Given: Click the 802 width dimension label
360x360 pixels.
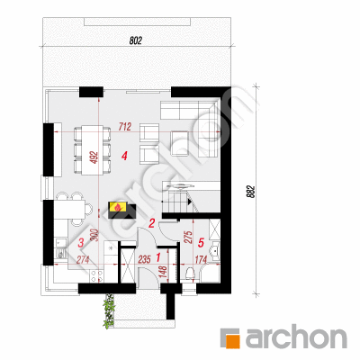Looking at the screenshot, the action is pyautogui.click(x=136, y=40).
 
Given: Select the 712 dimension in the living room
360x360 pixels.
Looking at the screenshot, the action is pyautogui.click(x=125, y=127).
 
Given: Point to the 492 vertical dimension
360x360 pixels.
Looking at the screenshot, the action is pyautogui.click(x=94, y=157).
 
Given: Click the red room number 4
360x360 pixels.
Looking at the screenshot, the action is pyautogui.click(x=124, y=156).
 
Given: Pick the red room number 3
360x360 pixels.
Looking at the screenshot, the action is pyautogui.click(x=81, y=243).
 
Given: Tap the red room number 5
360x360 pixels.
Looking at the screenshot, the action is pyautogui.click(x=201, y=242).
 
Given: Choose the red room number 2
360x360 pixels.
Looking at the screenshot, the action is pyautogui.click(x=152, y=223).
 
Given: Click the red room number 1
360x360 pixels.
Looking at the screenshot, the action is pyautogui.click(x=158, y=256).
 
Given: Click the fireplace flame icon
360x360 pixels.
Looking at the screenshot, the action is pyautogui.click(x=118, y=207).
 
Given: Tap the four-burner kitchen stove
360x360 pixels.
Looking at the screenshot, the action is pyautogui.click(x=97, y=276).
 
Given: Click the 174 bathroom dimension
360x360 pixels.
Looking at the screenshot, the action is pyautogui.click(x=202, y=259).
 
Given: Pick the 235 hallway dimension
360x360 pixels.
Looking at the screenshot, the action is pyautogui.click(x=144, y=259).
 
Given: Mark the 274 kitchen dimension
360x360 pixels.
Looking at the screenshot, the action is pyautogui.click(x=83, y=259).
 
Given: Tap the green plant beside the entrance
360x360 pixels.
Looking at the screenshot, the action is pyautogui.click(x=109, y=310).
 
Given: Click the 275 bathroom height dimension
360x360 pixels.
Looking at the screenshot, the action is pyautogui.click(x=189, y=238).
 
